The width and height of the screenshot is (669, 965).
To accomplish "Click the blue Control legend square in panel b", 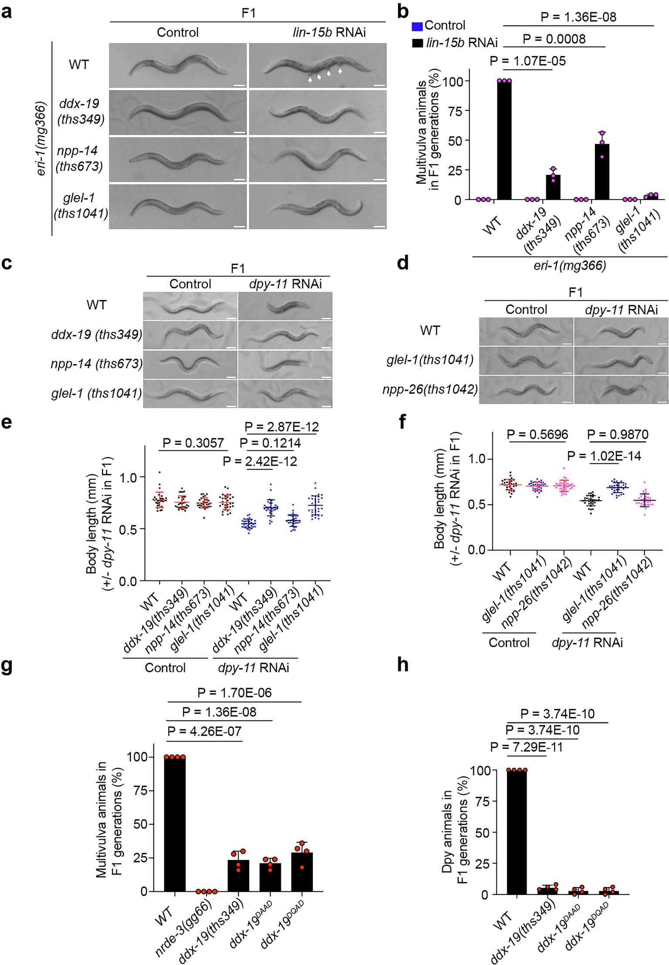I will pyautogui.click(x=417, y=26).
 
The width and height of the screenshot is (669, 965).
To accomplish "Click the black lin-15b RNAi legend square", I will pyautogui.click(x=417, y=43).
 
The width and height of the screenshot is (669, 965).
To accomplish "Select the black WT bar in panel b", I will pyautogui.click(x=504, y=140).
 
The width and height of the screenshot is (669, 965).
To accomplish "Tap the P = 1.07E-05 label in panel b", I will pyautogui.click(x=527, y=61).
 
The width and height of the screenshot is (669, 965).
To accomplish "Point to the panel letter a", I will pyautogui.click(x=7, y=12).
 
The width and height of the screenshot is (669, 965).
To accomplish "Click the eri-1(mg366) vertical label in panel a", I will pyautogui.click(x=41, y=138).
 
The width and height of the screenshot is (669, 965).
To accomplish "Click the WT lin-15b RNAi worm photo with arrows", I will pyautogui.click(x=318, y=66).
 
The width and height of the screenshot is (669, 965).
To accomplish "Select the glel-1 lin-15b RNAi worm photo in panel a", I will pyautogui.click(x=318, y=207).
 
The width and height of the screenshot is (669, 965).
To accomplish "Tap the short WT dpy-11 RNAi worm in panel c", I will pyautogui.click(x=285, y=307).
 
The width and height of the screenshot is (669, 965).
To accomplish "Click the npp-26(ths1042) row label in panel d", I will pyautogui.click(x=430, y=389).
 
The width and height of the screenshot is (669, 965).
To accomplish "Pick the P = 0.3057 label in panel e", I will pyautogui.click(x=193, y=443).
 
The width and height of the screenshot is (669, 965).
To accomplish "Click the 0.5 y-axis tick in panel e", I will pyautogui.click(x=129, y=529).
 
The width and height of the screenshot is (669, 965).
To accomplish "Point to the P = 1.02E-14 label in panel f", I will pyautogui.click(x=604, y=456).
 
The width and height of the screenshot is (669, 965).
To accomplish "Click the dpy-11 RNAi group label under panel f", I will pyautogui.click(x=587, y=642).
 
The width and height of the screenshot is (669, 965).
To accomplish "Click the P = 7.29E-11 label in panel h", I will pyautogui.click(x=526, y=747).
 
